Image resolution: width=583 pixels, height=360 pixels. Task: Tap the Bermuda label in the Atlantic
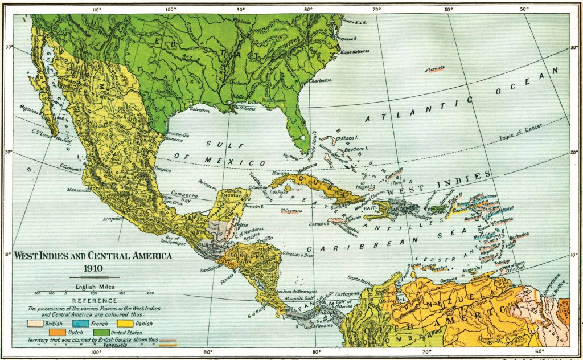pyautogui.click(x=436, y=69)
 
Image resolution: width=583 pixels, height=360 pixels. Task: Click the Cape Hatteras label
pyautogui.click(x=355, y=51)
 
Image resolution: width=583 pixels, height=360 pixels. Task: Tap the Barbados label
pyautogui.click(x=519, y=235)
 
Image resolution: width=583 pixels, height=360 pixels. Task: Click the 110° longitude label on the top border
pyautogui.click(x=96, y=10)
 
